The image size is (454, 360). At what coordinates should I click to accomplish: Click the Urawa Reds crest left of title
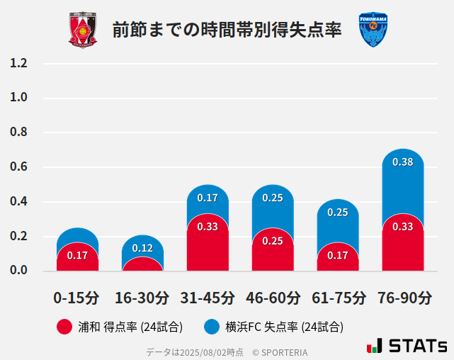pos(83,30)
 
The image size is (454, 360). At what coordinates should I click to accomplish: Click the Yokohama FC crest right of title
pos(373,30)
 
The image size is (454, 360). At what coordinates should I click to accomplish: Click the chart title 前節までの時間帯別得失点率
pos(227,30)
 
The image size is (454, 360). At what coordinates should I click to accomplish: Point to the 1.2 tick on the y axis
pos(18,63)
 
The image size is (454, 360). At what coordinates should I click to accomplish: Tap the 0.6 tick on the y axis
pos(18,167)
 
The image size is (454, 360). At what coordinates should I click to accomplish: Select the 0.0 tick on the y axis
pos(18,271)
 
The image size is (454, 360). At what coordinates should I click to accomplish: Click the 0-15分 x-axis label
pos(77,298)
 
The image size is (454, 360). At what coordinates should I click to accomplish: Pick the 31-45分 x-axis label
pos(208,298)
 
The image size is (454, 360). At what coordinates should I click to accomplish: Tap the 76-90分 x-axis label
pos(403,298)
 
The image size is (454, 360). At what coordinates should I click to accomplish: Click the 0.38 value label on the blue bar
pos(403,162)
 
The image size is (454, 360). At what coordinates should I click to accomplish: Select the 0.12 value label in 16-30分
pos(142,248)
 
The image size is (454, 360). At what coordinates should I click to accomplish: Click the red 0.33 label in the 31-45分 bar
pos(208,227)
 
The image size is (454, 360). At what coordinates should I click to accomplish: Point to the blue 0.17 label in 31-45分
pos(208,198)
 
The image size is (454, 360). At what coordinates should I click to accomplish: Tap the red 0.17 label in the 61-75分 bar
pos(338,255)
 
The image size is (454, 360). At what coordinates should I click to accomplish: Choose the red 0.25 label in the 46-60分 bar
pos(273,241)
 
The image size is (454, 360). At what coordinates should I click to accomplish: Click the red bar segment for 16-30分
pos(142,264)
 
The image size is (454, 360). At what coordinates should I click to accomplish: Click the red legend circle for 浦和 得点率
pos(64,327)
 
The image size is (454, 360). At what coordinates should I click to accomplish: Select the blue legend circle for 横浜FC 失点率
pos(212,327)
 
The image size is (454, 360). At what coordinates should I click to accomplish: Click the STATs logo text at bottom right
pos(417,346)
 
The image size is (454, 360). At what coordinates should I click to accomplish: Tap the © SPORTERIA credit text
pos(280,352)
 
